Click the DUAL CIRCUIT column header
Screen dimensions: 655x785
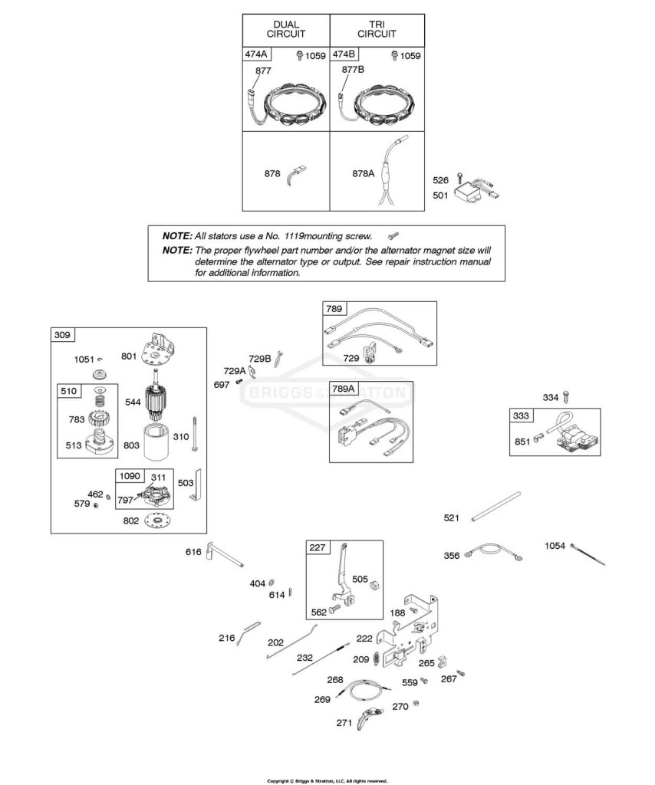point(286,29)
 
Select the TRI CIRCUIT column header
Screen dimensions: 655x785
point(377,29)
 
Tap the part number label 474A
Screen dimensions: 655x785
point(256,54)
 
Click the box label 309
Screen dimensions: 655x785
point(62,334)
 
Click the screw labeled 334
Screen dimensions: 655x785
point(566,397)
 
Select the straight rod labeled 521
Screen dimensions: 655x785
point(495,507)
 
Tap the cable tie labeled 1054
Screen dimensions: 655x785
point(588,554)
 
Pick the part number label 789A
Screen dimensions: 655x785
point(343,389)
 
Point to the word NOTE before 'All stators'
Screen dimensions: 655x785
point(177,236)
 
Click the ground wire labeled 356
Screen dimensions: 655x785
point(495,552)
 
